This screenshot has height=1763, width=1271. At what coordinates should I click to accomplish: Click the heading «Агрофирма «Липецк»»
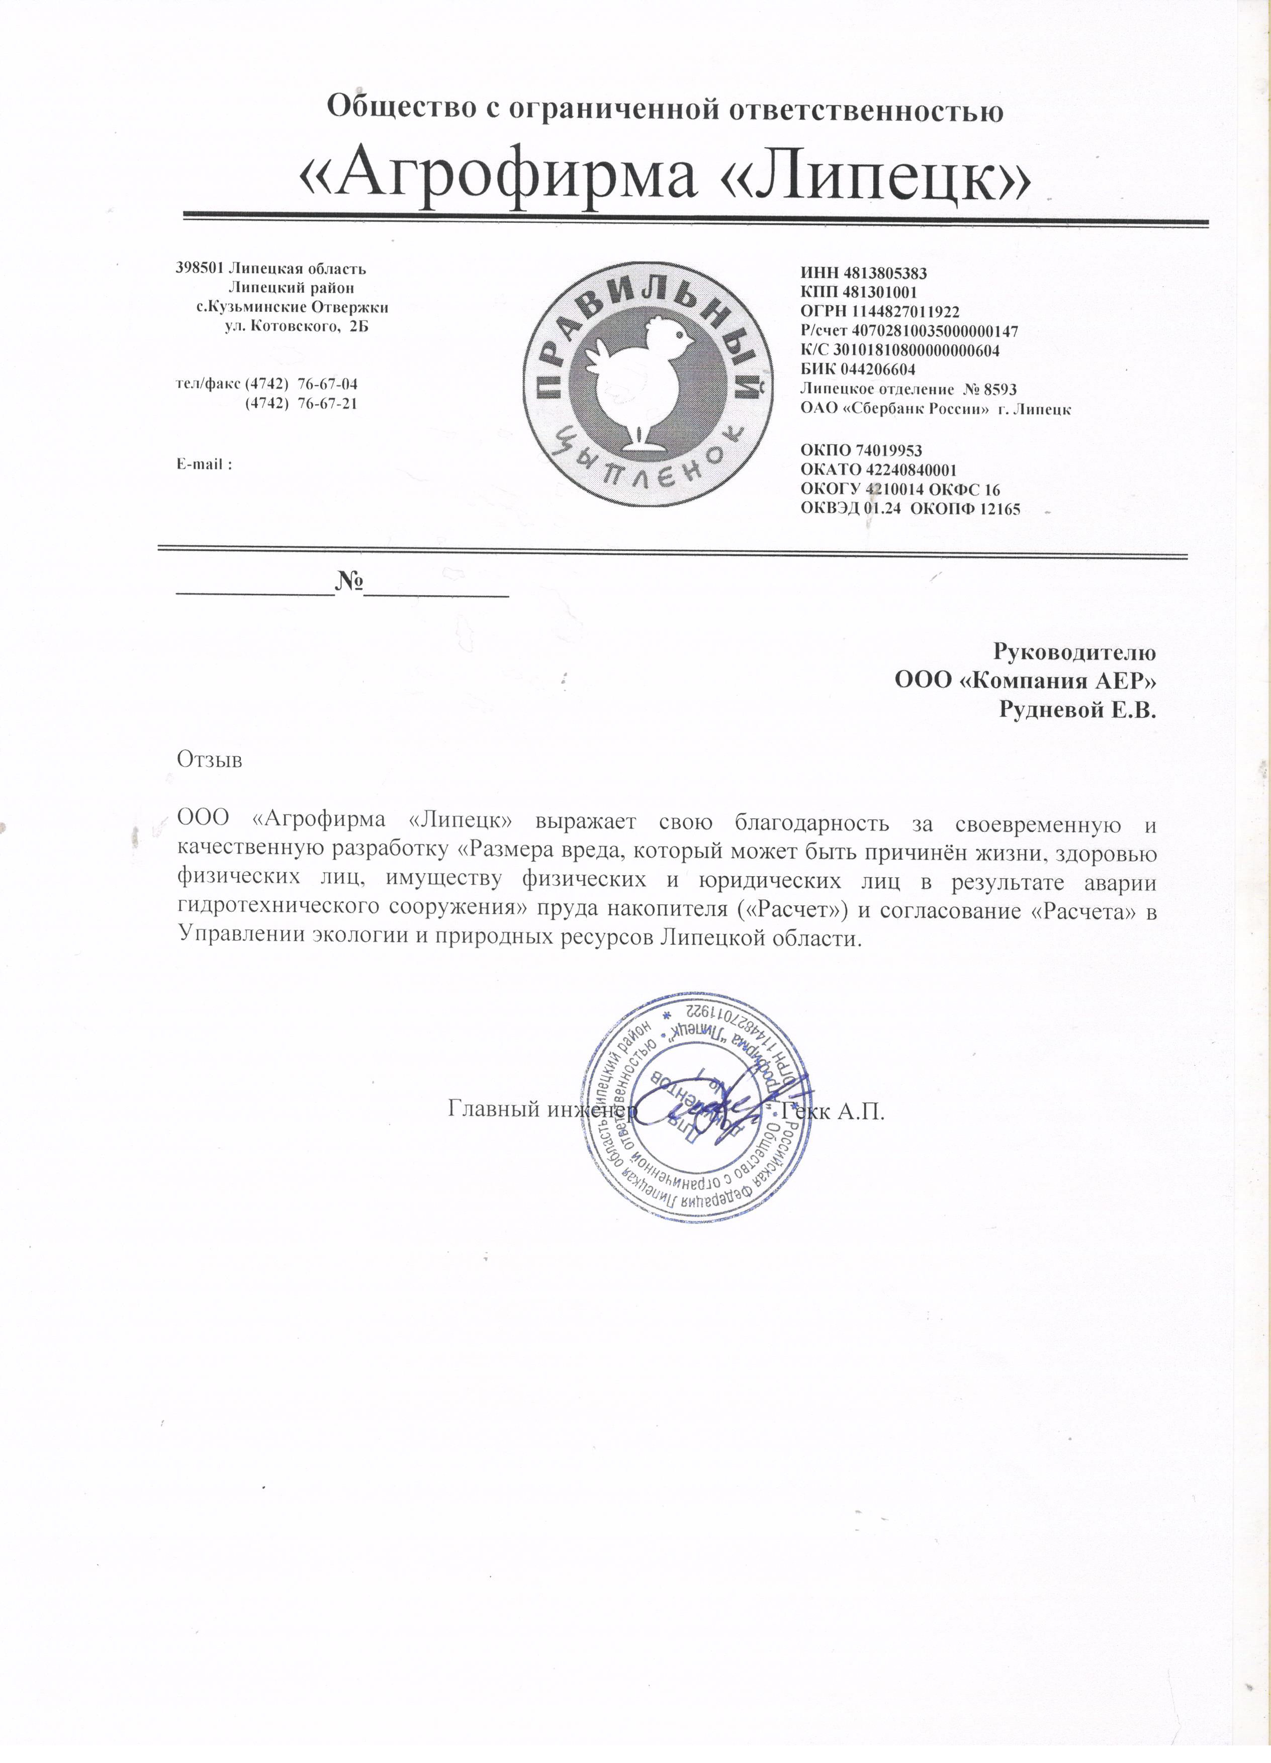[x=666, y=179]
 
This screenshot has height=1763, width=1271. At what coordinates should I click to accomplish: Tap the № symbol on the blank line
[x=350, y=580]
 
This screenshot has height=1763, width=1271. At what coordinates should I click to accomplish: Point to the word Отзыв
[x=210, y=759]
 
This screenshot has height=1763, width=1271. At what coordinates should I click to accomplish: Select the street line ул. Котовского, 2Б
[x=296, y=326]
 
